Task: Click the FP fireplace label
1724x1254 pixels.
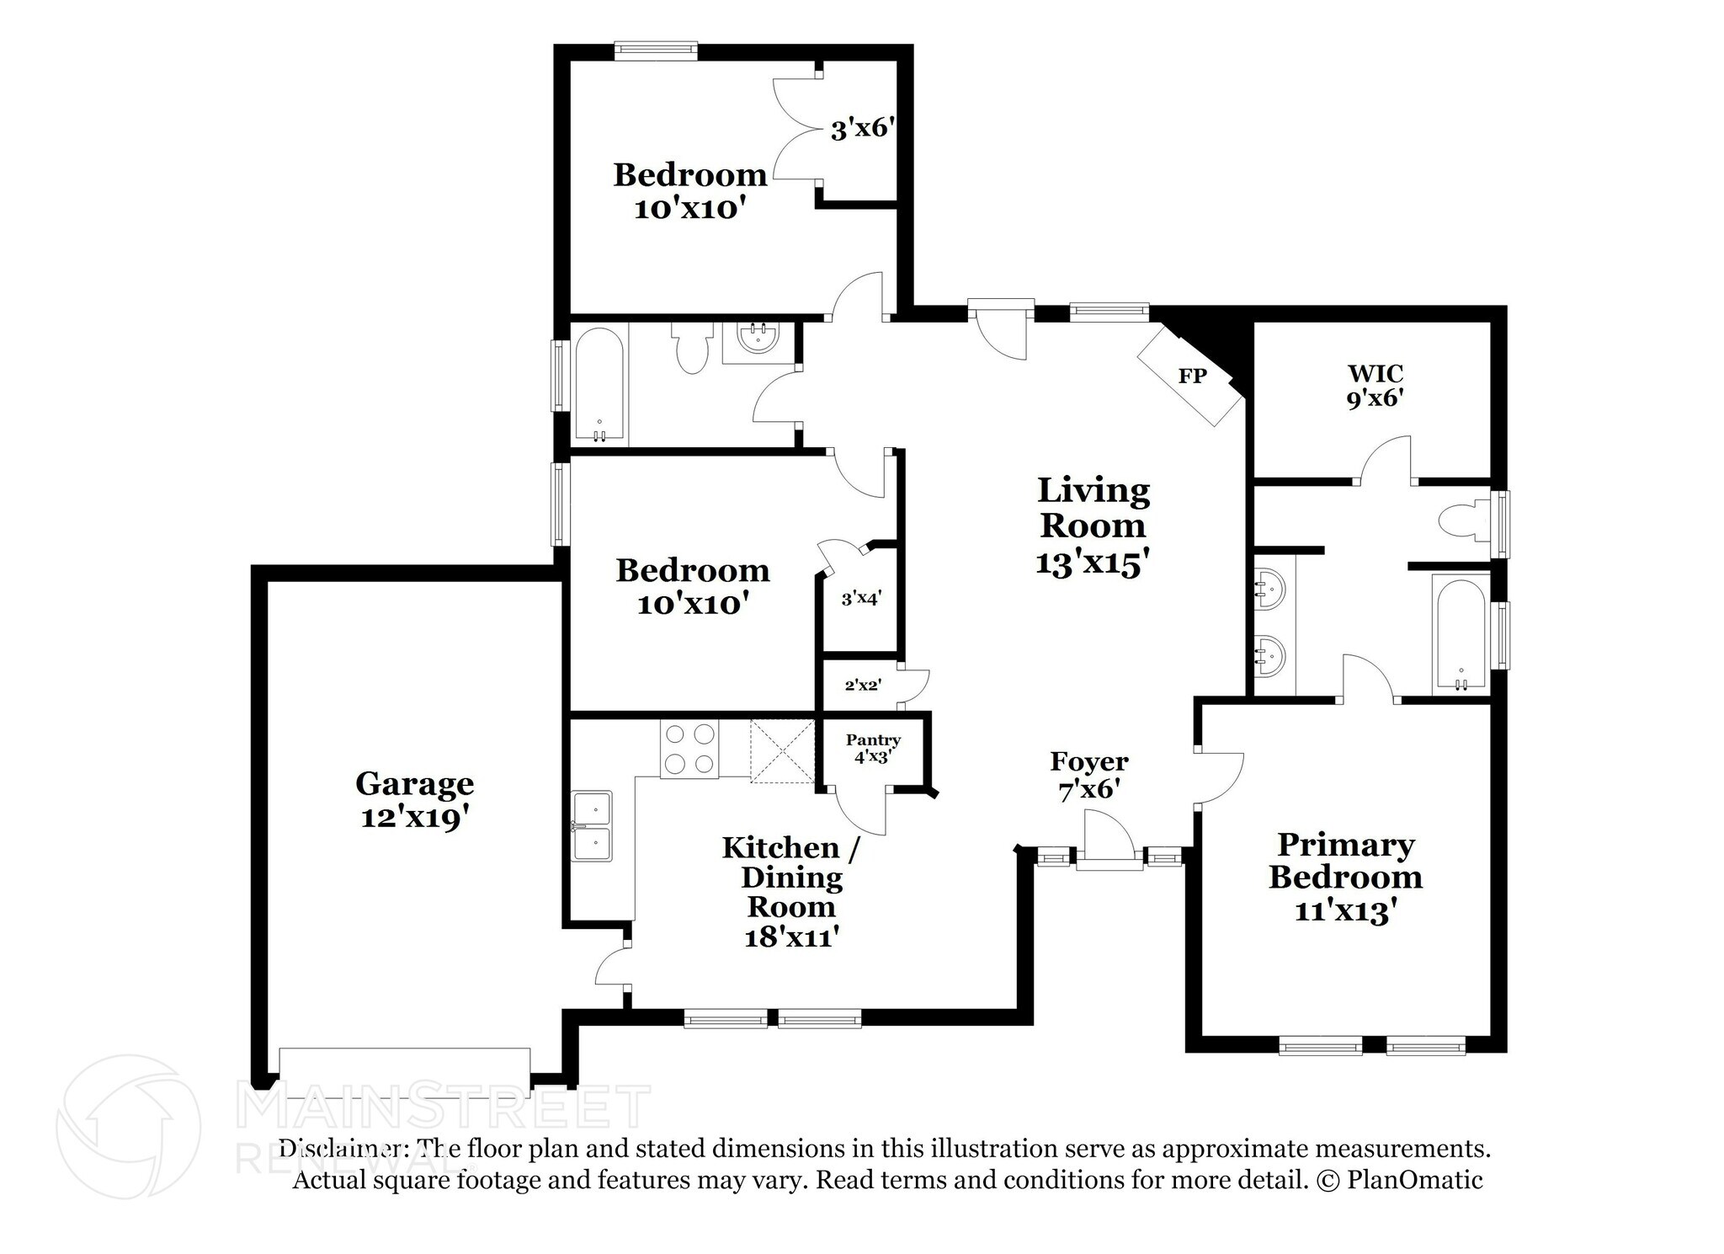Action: [1191, 376]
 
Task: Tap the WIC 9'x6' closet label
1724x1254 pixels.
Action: [1375, 386]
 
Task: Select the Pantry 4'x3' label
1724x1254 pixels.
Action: [873, 748]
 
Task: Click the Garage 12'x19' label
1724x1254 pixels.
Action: [414, 799]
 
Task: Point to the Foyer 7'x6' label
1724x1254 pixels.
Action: [1088, 775]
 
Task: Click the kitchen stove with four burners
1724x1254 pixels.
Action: [689, 750]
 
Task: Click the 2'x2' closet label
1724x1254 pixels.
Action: [862, 685]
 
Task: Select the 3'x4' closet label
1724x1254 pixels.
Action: [860, 600]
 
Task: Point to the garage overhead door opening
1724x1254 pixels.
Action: [404, 1067]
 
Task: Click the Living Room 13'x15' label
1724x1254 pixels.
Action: [1093, 526]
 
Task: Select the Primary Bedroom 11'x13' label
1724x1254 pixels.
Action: [1345, 877]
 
